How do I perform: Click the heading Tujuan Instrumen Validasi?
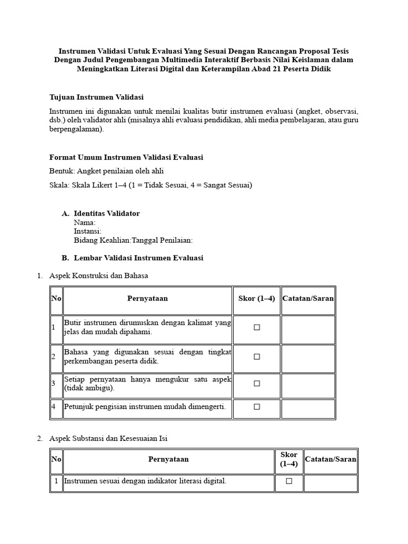pyautogui.click(x=96, y=97)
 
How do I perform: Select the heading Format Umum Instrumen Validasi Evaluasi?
pyautogui.click(x=126, y=157)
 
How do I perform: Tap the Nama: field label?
pyautogui.click(x=84, y=223)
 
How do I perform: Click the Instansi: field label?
pyautogui.click(x=88, y=231)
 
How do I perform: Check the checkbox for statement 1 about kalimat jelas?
pyautogui.click(x=257, y=328)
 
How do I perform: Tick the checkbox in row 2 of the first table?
pyautogui.click(x=257, y=357)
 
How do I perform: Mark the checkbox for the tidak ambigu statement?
pyautogui.click(x=257, y=384)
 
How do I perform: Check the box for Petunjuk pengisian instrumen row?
pyautogui.click(x=257, y=407)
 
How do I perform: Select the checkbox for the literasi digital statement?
pyautogui.click(x=289, y=481)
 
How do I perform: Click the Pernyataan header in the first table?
pyautogui.click(x=147, y=299)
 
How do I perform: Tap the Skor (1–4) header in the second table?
pyautogui.click(x=289, y=459)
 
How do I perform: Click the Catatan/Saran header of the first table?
pyautogui.click(x=308, y=299)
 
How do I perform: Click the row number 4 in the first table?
pyautogui.click(x=54, y=407)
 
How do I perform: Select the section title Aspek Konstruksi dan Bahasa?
pyautogui.click(x=99, y=276)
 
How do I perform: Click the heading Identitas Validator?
pyautogui.click(x=107, y=214)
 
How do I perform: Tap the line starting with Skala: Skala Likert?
pyautogui.click(x=151, y=185)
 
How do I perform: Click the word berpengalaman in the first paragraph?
pyautogui.click(x=76, y=129)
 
